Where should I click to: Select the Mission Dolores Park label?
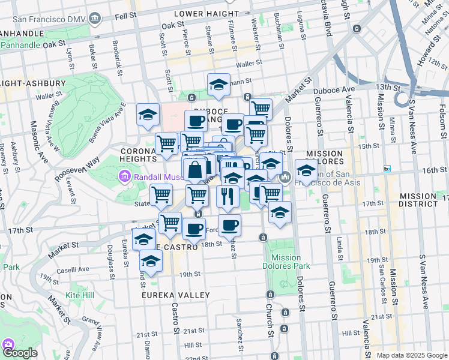point(286,262)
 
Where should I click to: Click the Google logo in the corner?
point(20,353)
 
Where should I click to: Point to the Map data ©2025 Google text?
point(412,355)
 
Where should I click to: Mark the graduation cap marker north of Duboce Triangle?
point(218,85)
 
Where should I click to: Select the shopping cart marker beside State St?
point(161,195)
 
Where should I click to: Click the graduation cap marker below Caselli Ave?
point(151,262)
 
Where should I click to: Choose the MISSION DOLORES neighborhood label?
point(324,158)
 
